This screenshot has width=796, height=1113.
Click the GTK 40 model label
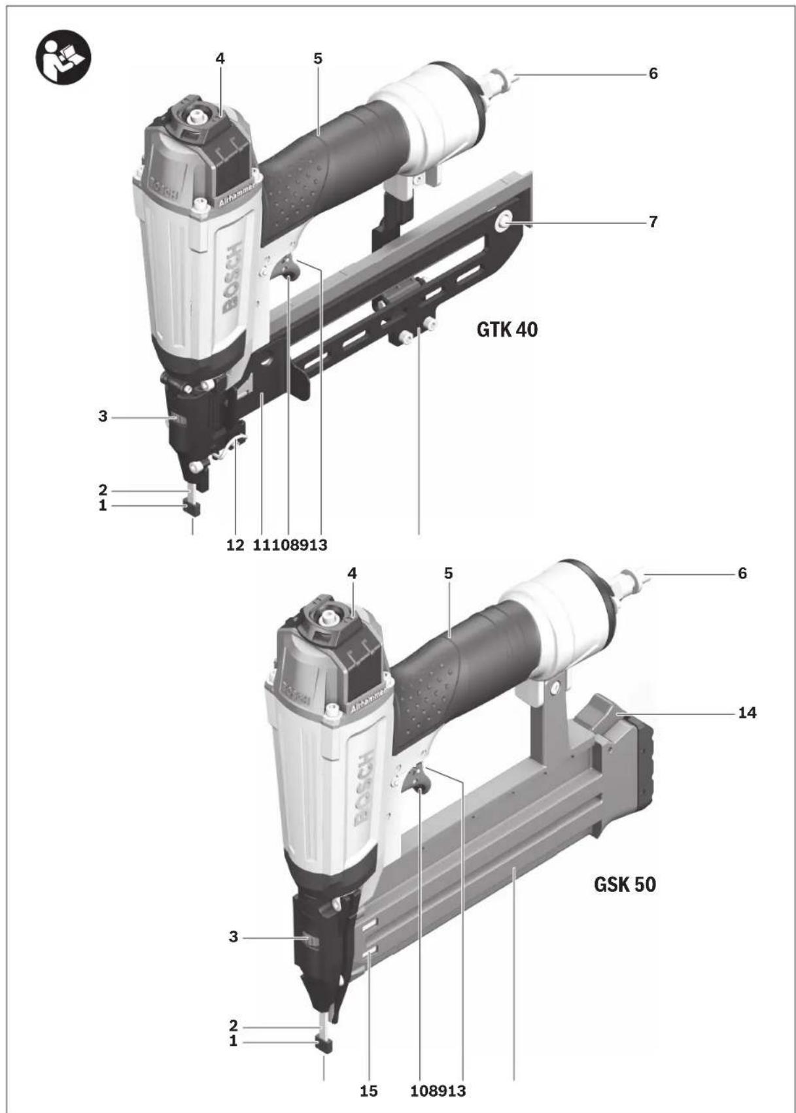pos(507,329)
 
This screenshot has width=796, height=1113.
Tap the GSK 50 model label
pos(624,885)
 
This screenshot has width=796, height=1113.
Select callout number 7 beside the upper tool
pos(653,222)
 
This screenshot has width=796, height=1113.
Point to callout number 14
pos(746,712)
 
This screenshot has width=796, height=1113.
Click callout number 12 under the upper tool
pos(235,544)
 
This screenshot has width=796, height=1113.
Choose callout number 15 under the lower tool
pos(368,1091)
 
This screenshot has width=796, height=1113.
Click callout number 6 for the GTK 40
pos(653,74)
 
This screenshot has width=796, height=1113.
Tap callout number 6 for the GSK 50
pos(742,573)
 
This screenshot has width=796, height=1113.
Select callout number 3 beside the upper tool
pos(103,416)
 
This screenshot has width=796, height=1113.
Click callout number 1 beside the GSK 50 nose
pos(233,1042)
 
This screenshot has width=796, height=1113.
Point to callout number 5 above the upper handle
pos(318,58)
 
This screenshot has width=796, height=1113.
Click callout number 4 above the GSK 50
pos(353,573)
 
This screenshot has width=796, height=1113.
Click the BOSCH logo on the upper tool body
pos(234,278)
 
